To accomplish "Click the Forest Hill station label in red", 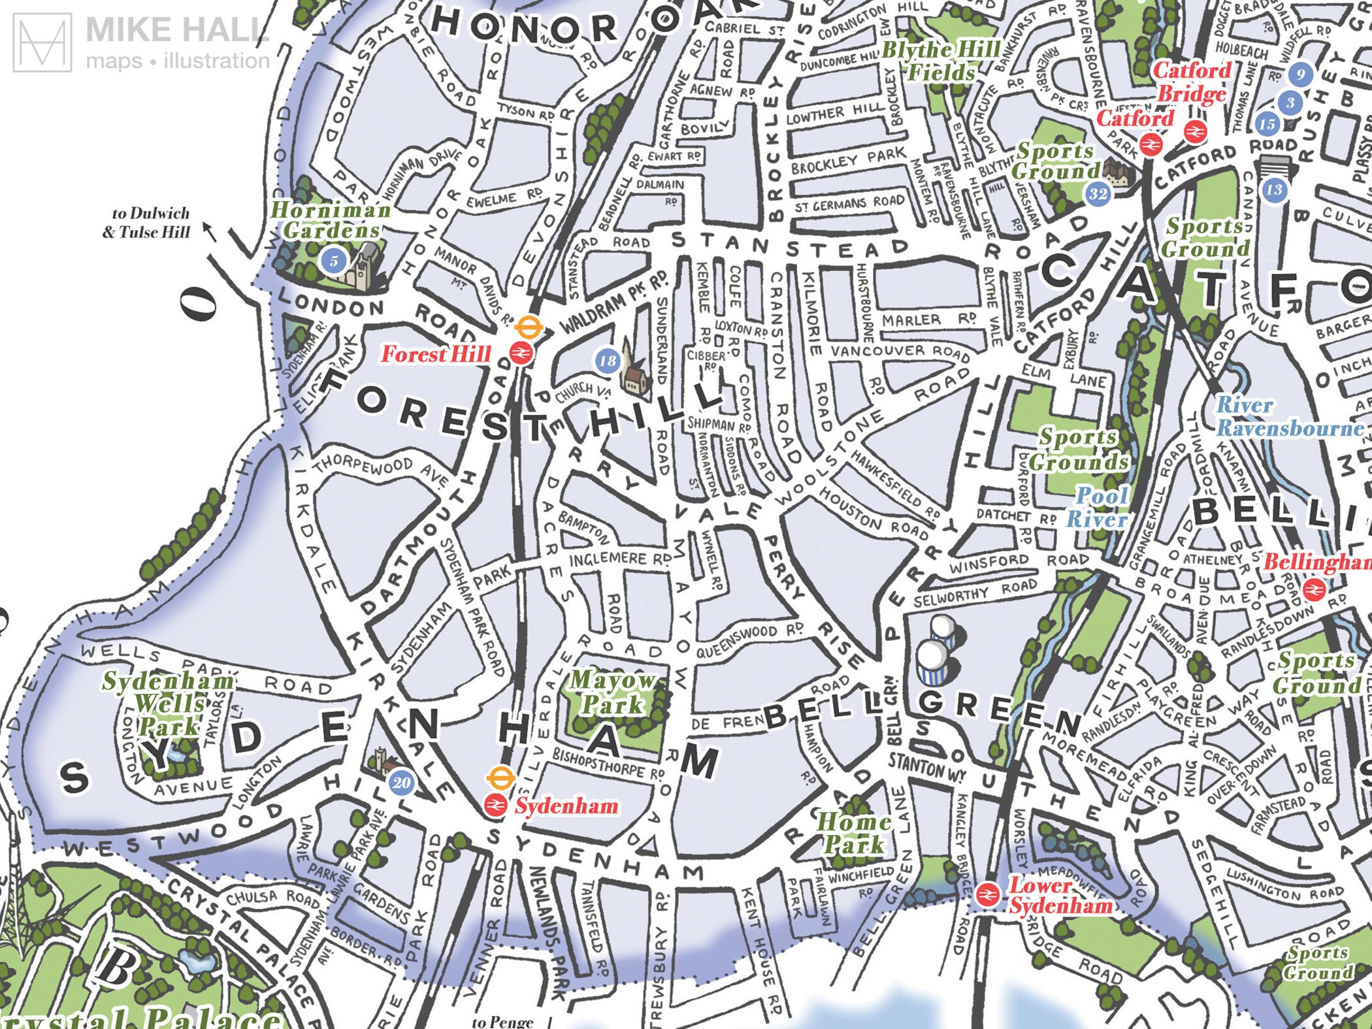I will [436, 354].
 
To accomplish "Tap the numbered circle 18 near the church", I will [607, 360].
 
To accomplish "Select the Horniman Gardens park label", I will [331, 220].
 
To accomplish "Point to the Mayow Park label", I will [612, 693].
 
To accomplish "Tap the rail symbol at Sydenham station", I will [495, 806].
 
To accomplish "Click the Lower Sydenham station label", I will [1060, 896].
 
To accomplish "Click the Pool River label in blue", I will [1098, 508].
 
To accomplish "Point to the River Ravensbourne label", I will [1289, 417].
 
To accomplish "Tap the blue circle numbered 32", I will [1098, 193].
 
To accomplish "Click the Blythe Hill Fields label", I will [941, 61].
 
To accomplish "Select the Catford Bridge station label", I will [1192, 82].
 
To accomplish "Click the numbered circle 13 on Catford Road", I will [1273, 190].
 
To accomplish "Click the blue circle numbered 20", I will [401, 783].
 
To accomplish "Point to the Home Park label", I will [854, 833].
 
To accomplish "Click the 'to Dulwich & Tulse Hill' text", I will [150, 223].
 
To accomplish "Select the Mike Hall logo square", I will [42, 42].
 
